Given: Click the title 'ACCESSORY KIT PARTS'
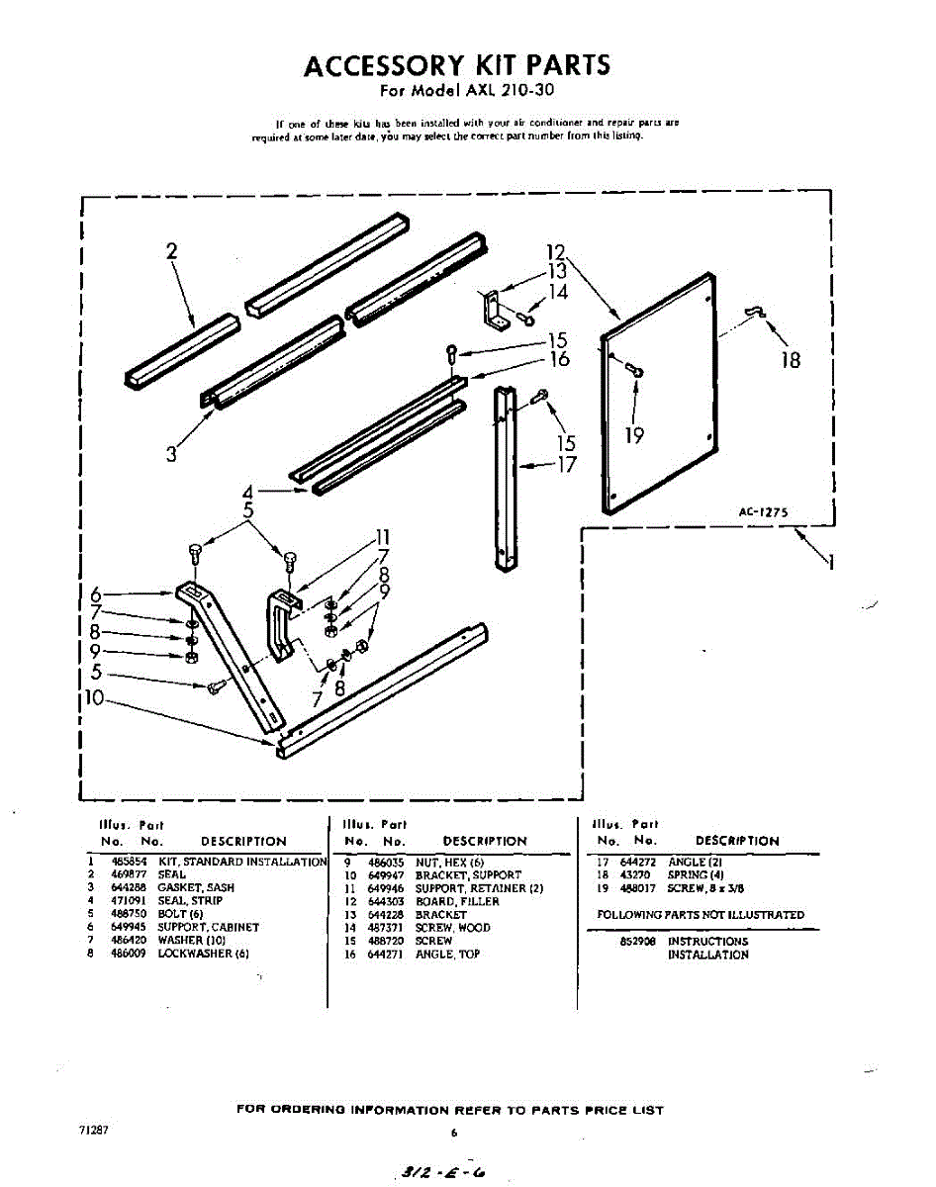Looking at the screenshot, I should (x=456, y=66).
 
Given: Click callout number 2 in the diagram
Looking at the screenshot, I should (x=171, y=251).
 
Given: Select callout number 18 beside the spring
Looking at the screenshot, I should (x=790, y=360).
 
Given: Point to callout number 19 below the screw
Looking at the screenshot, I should (x=634, y=433).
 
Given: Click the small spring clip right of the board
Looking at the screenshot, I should (x=756, y=313).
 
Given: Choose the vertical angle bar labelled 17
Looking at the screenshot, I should (x=507, y=475).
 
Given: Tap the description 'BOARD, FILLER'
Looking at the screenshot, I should (x=457, y=902).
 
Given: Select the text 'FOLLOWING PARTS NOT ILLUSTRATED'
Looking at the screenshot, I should (x=701, y=915).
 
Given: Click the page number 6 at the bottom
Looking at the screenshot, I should (x=454, y=1134).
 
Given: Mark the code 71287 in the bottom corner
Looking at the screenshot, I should (x=93, y=1129).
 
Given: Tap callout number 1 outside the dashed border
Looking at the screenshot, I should (x=830, y=563).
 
